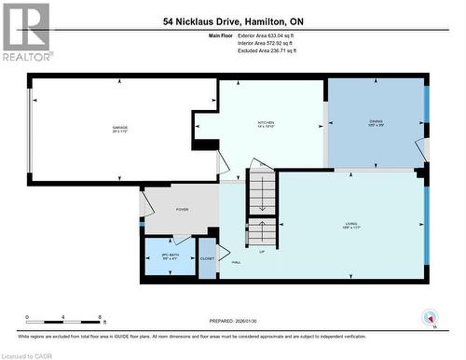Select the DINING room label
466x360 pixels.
click(x=376, y=121)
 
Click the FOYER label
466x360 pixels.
click(x=183, y=209)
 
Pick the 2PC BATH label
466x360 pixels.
click(x=169, y=255)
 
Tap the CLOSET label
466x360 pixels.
click(x=207, y=257)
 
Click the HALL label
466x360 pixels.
click(x=237, y=263)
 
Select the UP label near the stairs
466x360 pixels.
click(x=262, y=252)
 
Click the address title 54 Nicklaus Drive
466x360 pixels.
click(x=233, y=21)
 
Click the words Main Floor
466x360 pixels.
click(x=212, y=35)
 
